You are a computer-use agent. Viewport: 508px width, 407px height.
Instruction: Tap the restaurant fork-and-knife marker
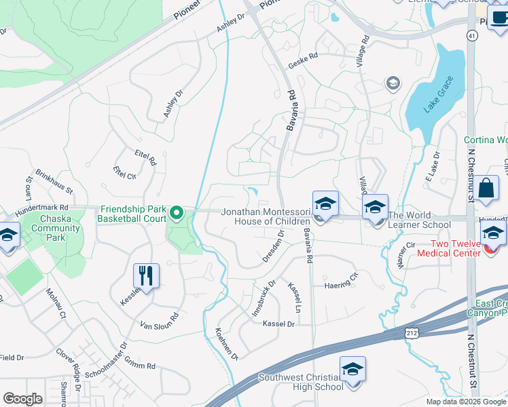(x=146, y=275)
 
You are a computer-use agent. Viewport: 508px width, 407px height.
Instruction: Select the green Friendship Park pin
(x=178, y=214)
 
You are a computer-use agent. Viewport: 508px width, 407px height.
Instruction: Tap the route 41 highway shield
(x=471, y=34)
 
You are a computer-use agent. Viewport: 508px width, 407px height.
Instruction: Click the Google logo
(x=22, y=399)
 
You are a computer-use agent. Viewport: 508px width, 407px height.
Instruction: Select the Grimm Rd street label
(x=141, y=366)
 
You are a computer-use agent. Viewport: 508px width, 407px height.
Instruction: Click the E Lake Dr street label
(x=432, y=166)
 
